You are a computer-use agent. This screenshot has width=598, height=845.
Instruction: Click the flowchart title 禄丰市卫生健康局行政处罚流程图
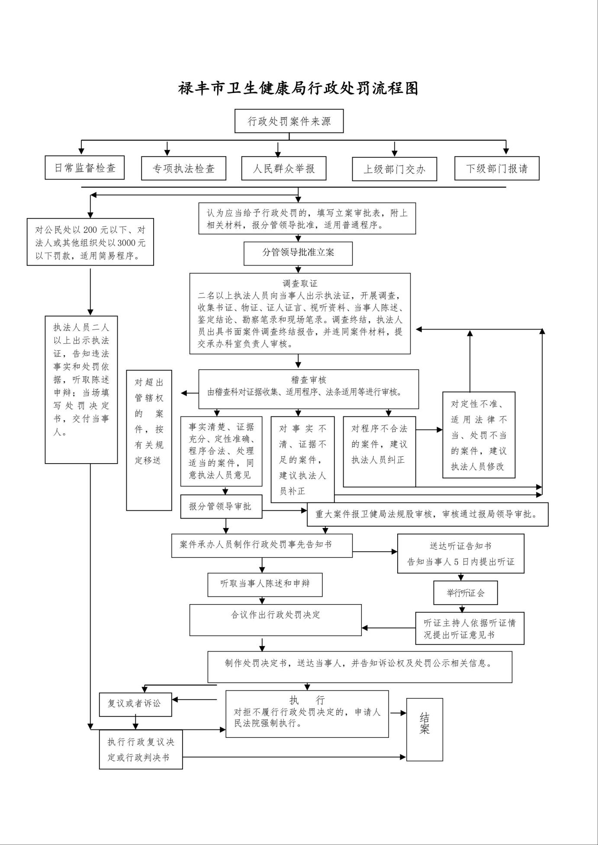(x=298, y=88)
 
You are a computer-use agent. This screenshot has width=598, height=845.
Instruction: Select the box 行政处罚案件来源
(x=289, y=121)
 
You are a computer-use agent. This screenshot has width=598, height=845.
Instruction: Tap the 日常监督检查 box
(x=85, y=168)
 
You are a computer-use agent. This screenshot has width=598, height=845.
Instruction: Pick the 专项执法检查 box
(x=183, y=169)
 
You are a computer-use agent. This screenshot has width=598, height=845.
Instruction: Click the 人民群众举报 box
(x=284, y=168)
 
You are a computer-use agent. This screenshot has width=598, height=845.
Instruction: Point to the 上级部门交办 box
(x=394, y=169)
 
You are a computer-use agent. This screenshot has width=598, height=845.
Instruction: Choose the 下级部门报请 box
(x=497, y=169)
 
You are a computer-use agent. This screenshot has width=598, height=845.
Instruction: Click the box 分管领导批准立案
(x=298, y=253)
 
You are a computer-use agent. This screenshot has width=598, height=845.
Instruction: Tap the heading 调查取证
(x=300, y=284)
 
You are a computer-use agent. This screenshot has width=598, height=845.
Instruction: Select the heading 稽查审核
(x=309, y=380)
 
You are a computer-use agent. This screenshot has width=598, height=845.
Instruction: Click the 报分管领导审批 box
(x=221, y=506)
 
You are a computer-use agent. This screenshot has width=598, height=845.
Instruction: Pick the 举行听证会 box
(x=466, y=592)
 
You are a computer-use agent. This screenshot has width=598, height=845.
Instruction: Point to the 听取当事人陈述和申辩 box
(x=265, y=584)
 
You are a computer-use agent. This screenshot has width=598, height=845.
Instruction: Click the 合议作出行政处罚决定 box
(x=276, y=619)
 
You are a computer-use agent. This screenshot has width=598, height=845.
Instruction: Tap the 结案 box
(x=424, y=730)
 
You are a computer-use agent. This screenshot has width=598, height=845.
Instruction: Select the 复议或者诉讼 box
(x=135, y=704)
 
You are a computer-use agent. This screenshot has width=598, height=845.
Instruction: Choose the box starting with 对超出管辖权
(x=149, y=440)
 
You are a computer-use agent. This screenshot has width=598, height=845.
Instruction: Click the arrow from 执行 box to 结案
(x=397, y=712)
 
